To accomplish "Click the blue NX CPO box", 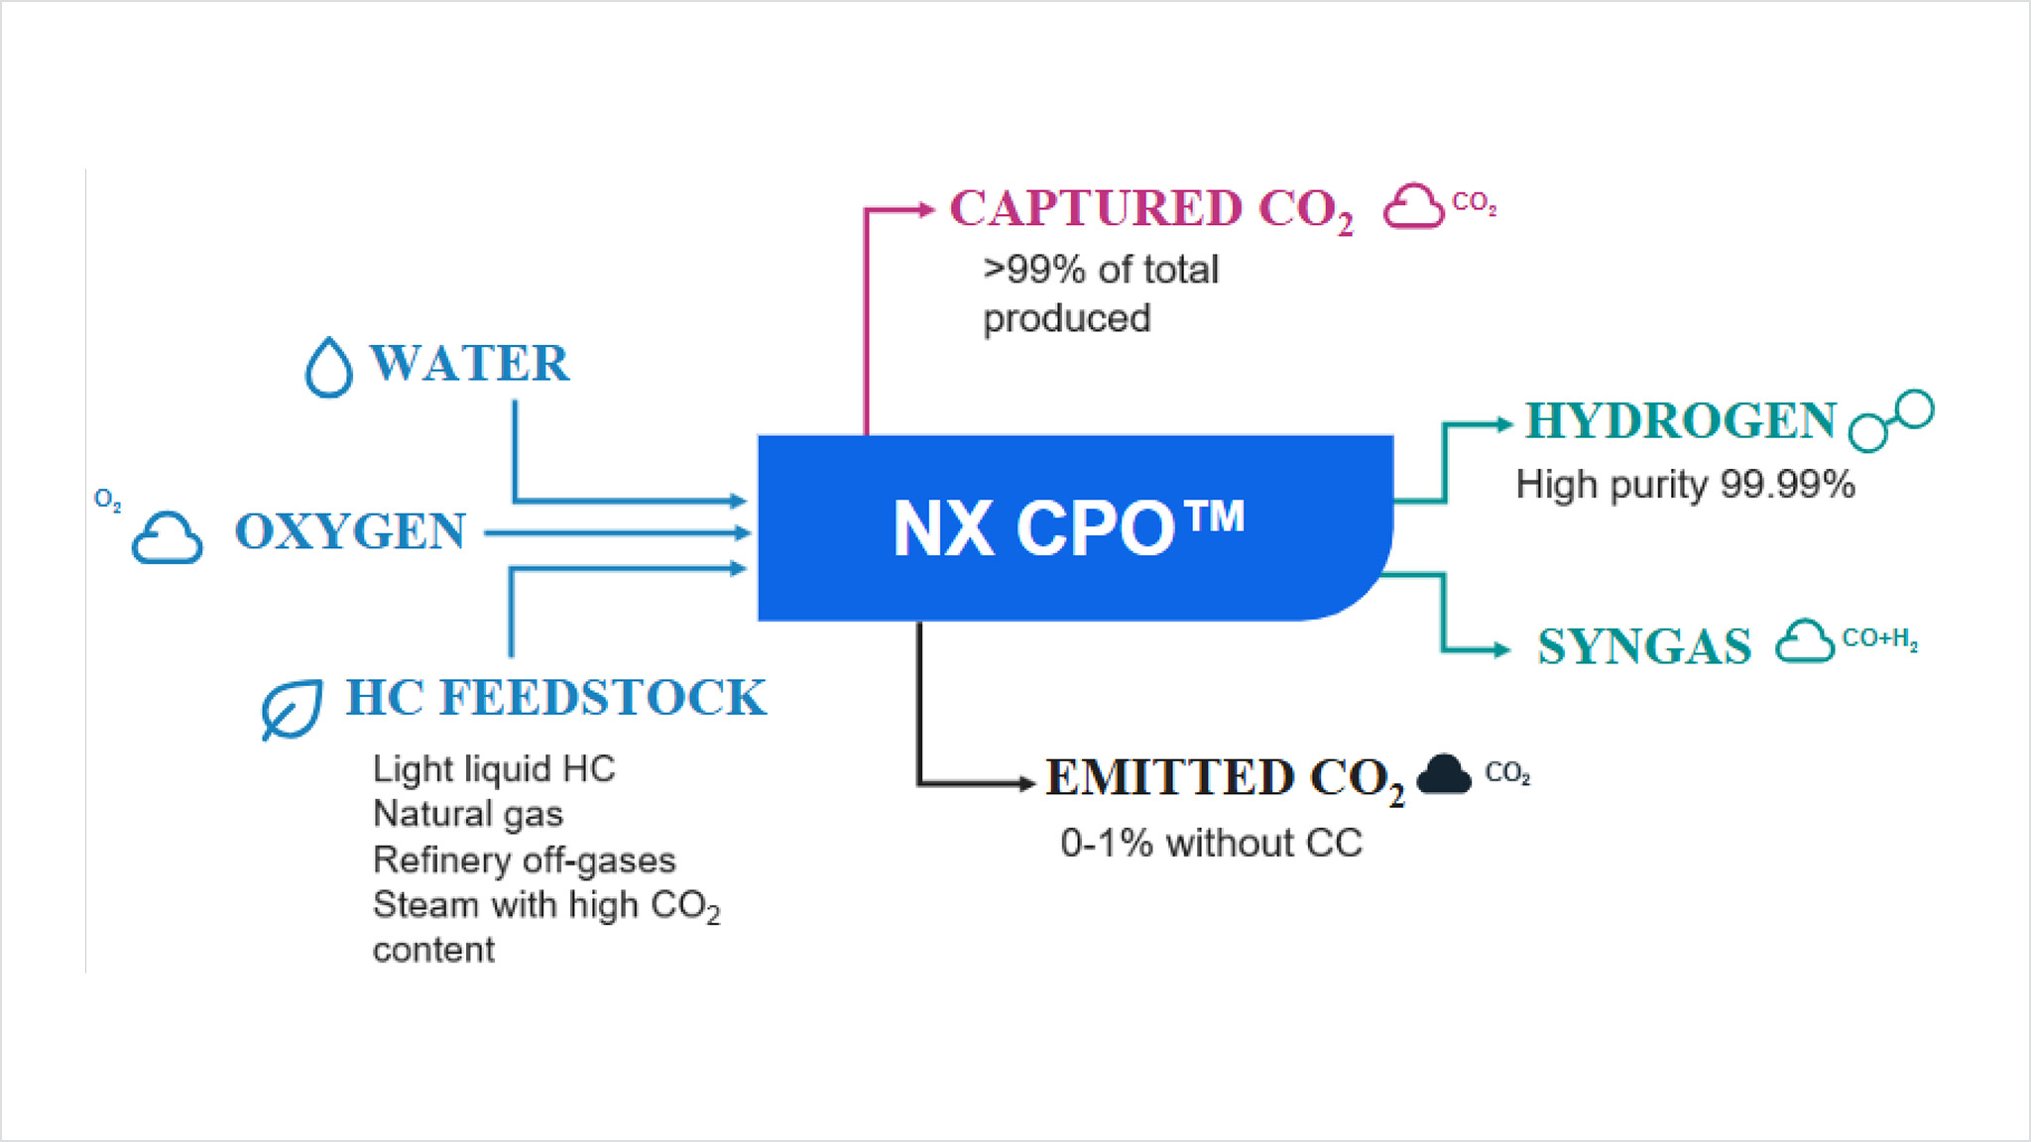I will click(1071, 527).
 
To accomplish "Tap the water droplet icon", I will click(328, 368).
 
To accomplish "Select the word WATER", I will click(470, 363).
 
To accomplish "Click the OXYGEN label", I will click(350, 531).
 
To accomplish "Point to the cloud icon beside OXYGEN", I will click(168, 538).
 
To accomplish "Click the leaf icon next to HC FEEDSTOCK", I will click(291, 708).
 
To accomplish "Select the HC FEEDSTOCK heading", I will click(555, 697).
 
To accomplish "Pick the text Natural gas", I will click(468, 814).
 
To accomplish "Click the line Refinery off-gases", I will click(524, 859).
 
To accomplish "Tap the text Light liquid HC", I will click(494, 768).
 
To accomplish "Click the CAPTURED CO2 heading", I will click(1150, 209).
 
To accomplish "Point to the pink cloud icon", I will click(1413, 207).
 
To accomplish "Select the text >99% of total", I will click(1101, 270).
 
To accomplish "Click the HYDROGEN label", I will click(1681, 420).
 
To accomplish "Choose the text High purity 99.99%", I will click(1685, 485).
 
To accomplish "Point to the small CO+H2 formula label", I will click(1879, 638).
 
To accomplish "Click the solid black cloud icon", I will click(1444, 774).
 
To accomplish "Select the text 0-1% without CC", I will click(1211, 844).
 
